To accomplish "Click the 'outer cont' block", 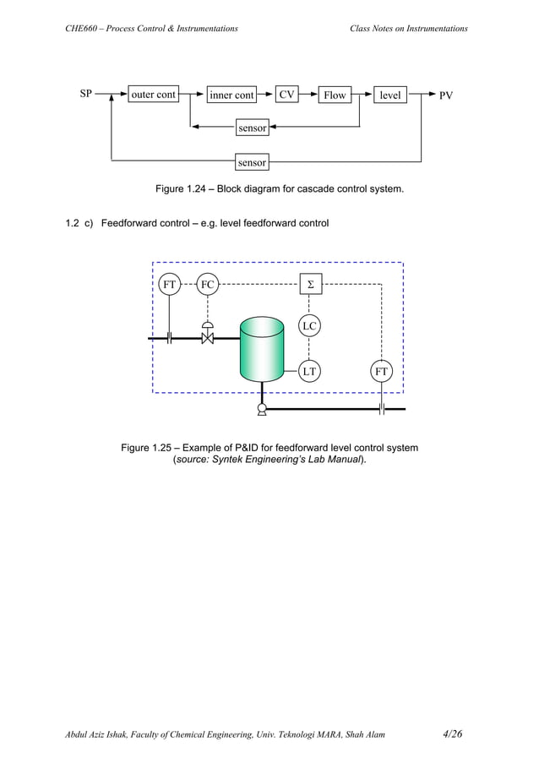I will (153, 95).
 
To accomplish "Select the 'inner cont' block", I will (231, 95).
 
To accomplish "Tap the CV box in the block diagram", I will (287, 95).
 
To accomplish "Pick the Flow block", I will (335, 95).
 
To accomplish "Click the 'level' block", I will (390, 95).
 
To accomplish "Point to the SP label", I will (86, 95).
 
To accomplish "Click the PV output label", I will (445, 95).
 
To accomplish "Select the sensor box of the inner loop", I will (252, 128).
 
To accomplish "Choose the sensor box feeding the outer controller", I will (252, 161).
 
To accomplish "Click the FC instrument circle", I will (208, 285).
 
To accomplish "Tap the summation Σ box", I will (311, 285).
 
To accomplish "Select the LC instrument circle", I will (309, 325).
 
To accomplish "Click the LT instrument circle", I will (309, 369).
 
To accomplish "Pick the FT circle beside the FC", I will (170, 285).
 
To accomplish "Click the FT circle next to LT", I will (382, 369).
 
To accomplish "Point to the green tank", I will (262, 349).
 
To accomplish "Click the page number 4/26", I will (452, 733).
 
